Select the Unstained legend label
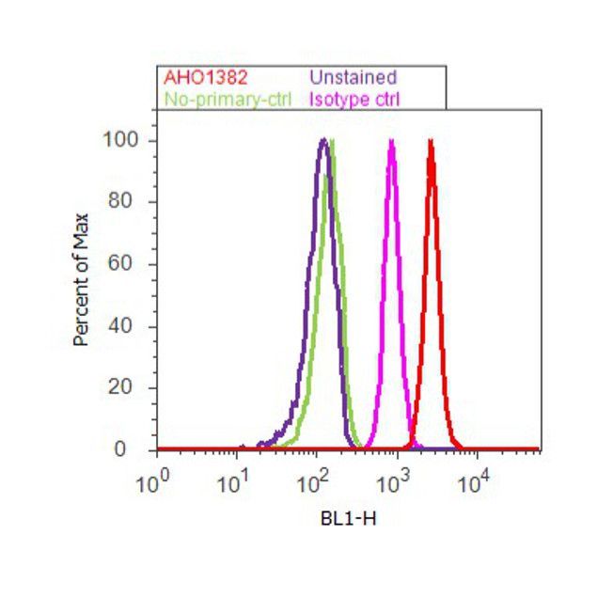(x=353, y=77)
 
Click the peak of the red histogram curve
(x=431, y=141)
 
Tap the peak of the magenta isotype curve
(x=391, y=141)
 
